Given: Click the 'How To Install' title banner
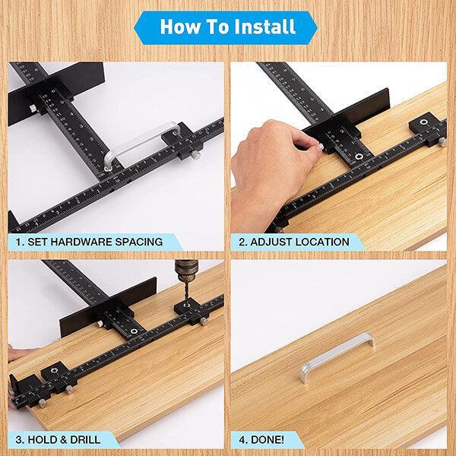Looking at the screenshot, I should [228, 28].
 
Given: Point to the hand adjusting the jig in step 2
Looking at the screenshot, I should [270, 152].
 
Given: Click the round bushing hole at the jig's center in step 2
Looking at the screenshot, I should [356, 159].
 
